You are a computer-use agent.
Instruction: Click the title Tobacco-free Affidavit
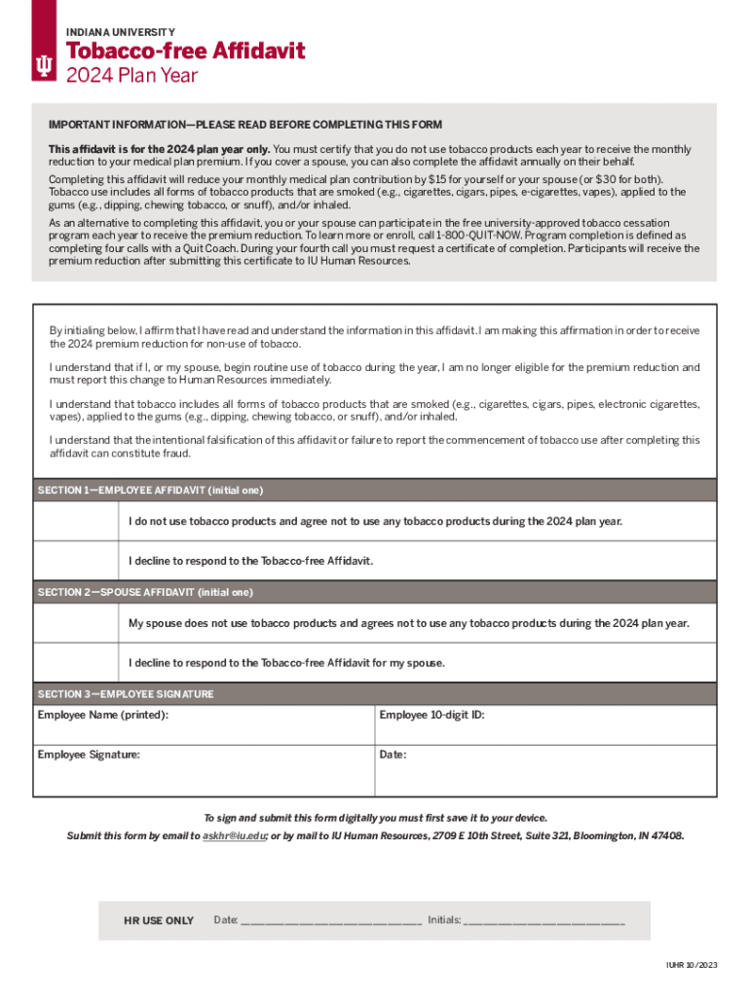(x=185, y=51)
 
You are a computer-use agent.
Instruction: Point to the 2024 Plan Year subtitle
(x=131, y=76)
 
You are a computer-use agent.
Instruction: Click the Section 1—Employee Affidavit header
(x=150, y=490)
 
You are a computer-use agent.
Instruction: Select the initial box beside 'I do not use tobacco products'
(x=77, y=522)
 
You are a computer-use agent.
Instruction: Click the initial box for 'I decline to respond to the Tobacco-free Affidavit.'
(x=77, y=561)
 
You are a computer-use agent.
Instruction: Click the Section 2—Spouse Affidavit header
(x=145, y=592)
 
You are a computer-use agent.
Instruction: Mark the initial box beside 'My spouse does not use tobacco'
(x=77, y=623)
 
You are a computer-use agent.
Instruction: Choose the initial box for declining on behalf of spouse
(x=77, y=663)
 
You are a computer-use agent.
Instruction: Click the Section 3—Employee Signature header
(x=126, y=694)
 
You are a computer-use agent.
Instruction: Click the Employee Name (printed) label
(x=102, y=716)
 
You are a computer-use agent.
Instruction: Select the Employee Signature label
(x=89, y=755)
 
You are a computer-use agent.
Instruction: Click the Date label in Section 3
(x=393, y=755)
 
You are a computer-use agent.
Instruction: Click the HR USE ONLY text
(x=159, y=920)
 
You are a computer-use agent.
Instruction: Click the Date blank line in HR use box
(x=331, y=921)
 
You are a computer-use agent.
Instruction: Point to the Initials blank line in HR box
(x=544, y=921)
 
